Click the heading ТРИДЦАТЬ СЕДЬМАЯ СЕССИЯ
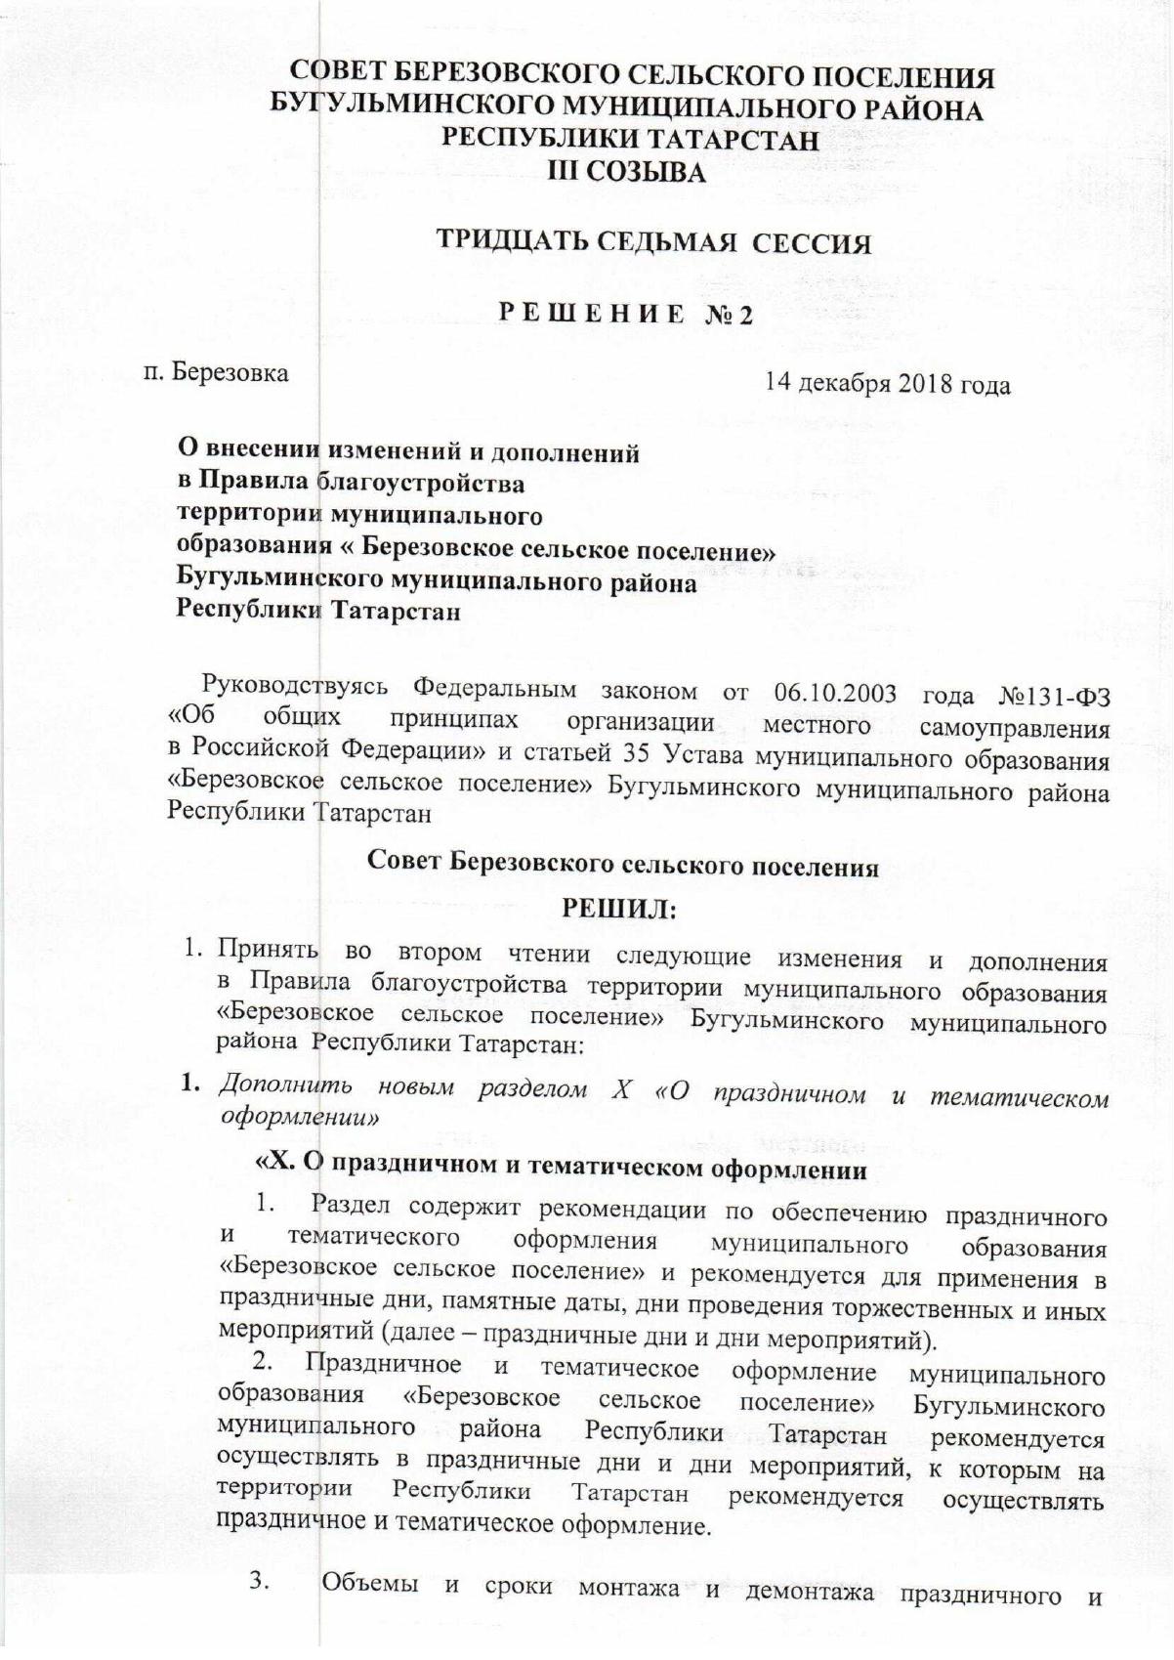coord(653,241)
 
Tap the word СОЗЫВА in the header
coord(649,173)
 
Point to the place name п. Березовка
coord(216,372)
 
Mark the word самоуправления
coord(1014,728)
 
